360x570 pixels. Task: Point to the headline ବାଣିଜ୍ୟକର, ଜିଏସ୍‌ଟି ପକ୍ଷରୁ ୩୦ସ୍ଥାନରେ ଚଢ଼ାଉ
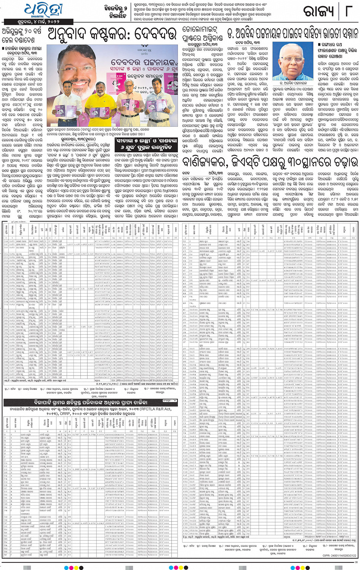coord(270,163)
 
